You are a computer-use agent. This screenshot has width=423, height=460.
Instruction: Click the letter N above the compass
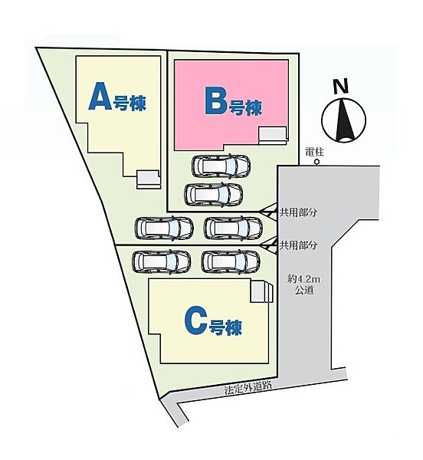(341, 86)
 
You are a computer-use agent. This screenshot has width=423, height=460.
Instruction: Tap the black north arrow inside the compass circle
(343, 121)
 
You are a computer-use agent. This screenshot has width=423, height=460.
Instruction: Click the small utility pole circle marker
(316, 162)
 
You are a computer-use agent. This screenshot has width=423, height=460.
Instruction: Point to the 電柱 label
(314, 153)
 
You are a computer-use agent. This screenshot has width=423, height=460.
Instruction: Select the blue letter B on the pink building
(216, 103)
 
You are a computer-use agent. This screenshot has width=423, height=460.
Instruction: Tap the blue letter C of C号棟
(196, 323)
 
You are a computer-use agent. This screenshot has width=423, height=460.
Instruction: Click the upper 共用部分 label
(298, 212)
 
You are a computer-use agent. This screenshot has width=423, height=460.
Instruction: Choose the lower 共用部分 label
(298, 245)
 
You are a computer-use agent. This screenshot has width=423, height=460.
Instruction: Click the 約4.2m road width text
(304, 279)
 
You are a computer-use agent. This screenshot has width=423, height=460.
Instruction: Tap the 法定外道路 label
(248, 388)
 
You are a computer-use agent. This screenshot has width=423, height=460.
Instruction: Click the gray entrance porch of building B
(272, 134)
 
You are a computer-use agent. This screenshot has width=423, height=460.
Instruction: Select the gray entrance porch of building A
(149, 179)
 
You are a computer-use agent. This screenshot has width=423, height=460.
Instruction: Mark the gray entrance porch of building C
(261, 291)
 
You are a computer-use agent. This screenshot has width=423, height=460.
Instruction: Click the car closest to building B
(221, 166)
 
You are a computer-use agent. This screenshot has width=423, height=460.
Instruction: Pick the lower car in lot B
(214, 195)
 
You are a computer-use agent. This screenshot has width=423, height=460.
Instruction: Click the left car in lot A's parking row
(164, 228)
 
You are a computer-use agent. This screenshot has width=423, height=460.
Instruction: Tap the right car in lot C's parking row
(231, 261)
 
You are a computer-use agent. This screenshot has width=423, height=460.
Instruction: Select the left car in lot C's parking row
(162, 261)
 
